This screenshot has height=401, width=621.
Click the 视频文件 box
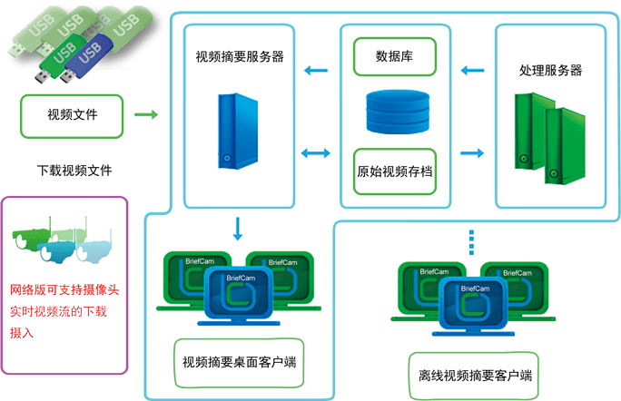point(72,115)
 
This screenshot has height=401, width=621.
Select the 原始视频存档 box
point(393,171)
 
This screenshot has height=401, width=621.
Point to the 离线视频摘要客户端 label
point(475,376)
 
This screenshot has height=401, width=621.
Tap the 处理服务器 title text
point(550,71)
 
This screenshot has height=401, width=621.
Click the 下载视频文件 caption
point(74,170)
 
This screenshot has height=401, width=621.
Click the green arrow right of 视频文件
point(145,115)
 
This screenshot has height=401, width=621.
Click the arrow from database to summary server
point(316,71)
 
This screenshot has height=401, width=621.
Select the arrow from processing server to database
point(471,71)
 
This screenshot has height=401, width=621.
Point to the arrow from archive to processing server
point(471,153)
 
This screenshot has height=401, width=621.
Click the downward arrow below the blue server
point(237,229)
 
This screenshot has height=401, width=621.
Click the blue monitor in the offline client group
point(474,302)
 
